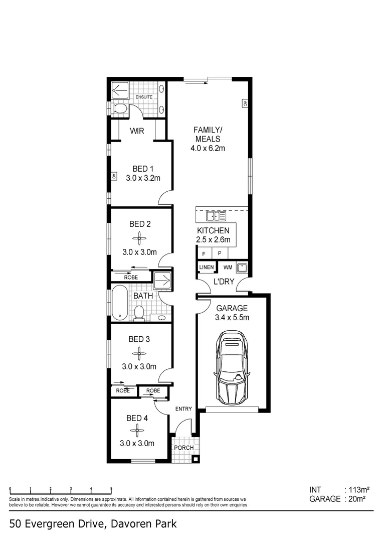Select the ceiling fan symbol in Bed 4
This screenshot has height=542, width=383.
(x=136, y=429)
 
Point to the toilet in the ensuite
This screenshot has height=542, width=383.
(x=120, y=108)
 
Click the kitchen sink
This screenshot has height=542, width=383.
(x=216, y=216)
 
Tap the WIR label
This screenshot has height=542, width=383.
(x=137, y=131)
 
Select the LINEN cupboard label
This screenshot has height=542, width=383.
(x=206, y=267)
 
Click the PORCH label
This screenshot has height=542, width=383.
(x=183, y=448)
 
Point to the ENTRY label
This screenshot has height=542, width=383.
(x=183, y=409)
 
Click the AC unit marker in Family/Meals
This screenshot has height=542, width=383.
(x=245, y=103)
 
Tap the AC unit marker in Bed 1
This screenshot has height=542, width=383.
(x=113, y=177)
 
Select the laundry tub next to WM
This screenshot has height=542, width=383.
(x=241, y=267)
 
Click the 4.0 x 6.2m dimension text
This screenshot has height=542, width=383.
(x=207, y=148)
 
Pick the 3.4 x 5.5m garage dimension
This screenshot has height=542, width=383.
(x=232, y=317)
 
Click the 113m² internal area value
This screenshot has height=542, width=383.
(x=358, y=489)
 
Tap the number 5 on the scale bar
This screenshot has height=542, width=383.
(x=111, y=488)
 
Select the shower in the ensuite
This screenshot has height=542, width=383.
(x=120, y=90)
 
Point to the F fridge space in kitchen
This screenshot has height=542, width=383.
(x=204, y=254)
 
